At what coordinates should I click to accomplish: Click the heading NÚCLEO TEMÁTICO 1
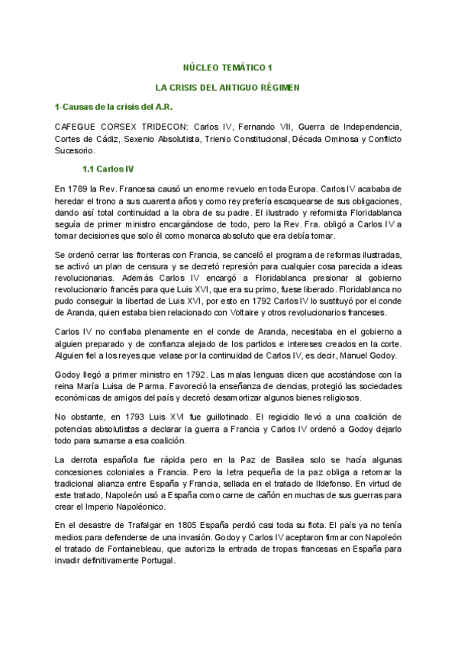click(x=229, y=67)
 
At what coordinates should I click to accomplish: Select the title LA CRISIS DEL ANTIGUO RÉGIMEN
click(x=229, y=87)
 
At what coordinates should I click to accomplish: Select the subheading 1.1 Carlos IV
click(x=108, y=169)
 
